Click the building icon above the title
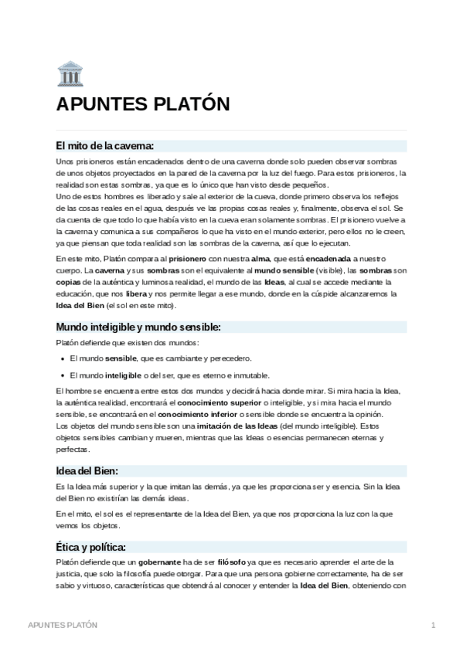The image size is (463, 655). pos(70,74)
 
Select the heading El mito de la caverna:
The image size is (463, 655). pos(106,145)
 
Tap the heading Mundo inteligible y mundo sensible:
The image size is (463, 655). pos(138,327)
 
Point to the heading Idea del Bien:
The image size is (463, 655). pos(87,470)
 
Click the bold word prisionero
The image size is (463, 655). pos(187,257)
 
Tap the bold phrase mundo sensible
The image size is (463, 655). pos(284,270)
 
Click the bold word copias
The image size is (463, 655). pos(68,282)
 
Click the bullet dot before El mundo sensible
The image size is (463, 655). pos(62,358)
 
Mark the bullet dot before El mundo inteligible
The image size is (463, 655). pos(62,375)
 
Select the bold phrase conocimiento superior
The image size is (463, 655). pos(220,402)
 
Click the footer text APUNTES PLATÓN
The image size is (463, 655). pos(63,624)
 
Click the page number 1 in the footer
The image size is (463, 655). pos(434,624)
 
